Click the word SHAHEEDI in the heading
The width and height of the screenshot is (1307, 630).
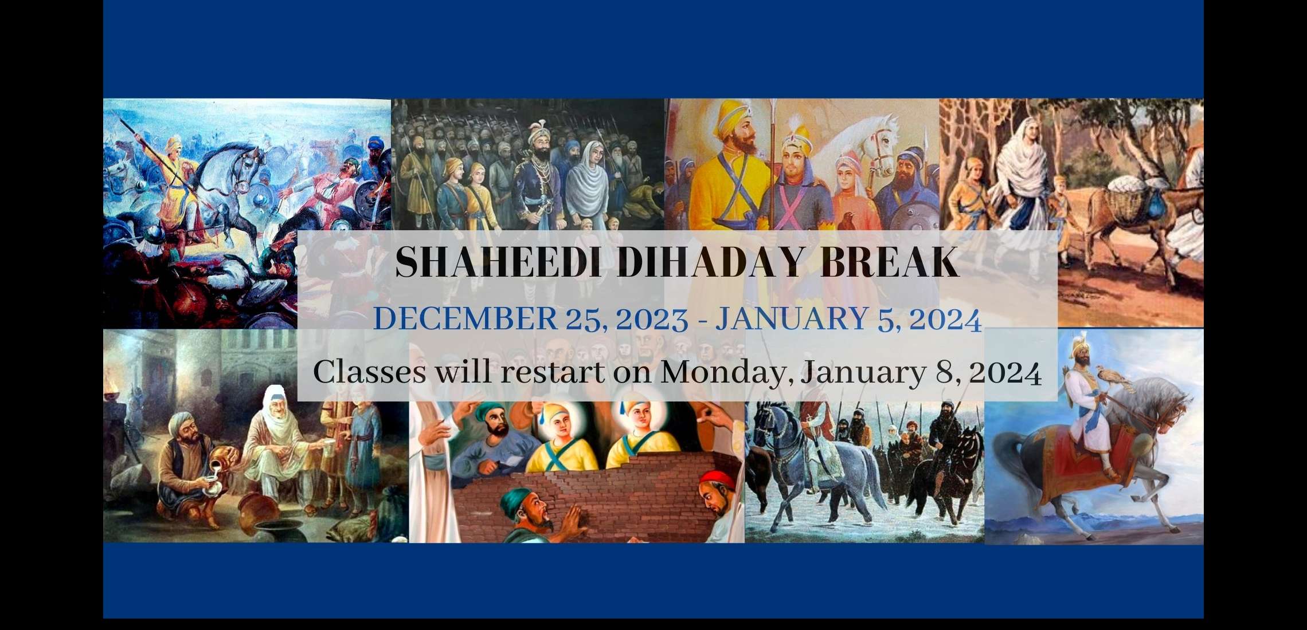[x=498, y=262]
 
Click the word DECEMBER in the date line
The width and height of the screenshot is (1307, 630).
[x=465, y=318]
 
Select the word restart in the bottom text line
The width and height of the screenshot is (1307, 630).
[x=553, y=372]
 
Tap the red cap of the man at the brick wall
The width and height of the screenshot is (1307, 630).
[x=717, y=479]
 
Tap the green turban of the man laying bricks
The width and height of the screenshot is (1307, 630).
[x=519, y=499]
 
